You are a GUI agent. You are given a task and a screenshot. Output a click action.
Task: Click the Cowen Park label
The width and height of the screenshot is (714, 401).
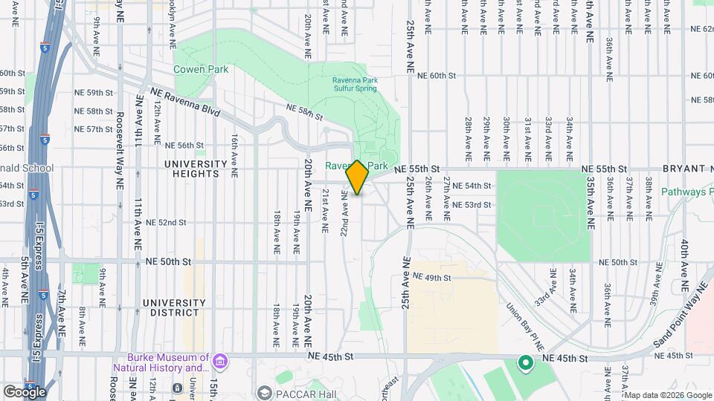(x=200, y=69)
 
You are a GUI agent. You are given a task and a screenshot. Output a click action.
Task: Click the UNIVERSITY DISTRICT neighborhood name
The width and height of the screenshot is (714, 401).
(x=173, y=308)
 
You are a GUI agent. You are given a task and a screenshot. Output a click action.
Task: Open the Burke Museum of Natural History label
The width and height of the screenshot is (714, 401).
(x=160, y=362)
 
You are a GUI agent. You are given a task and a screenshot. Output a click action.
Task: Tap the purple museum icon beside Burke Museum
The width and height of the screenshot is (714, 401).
(x=219, y=362)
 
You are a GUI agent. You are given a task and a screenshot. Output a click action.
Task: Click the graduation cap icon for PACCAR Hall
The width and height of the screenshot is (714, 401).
(x=264, y=391)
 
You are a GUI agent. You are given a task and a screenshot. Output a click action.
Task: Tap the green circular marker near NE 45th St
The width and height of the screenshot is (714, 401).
(x=525, y=364)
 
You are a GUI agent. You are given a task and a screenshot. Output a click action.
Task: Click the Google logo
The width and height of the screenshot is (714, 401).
(x=25, y=391)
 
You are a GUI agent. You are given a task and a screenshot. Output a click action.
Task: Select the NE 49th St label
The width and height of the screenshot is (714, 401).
(x=431, y=277)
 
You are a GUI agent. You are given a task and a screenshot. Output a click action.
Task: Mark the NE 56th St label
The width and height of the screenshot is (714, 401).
(x=184, y=146)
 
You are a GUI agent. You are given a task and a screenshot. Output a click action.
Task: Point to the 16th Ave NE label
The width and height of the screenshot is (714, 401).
(x=234, y=155)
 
